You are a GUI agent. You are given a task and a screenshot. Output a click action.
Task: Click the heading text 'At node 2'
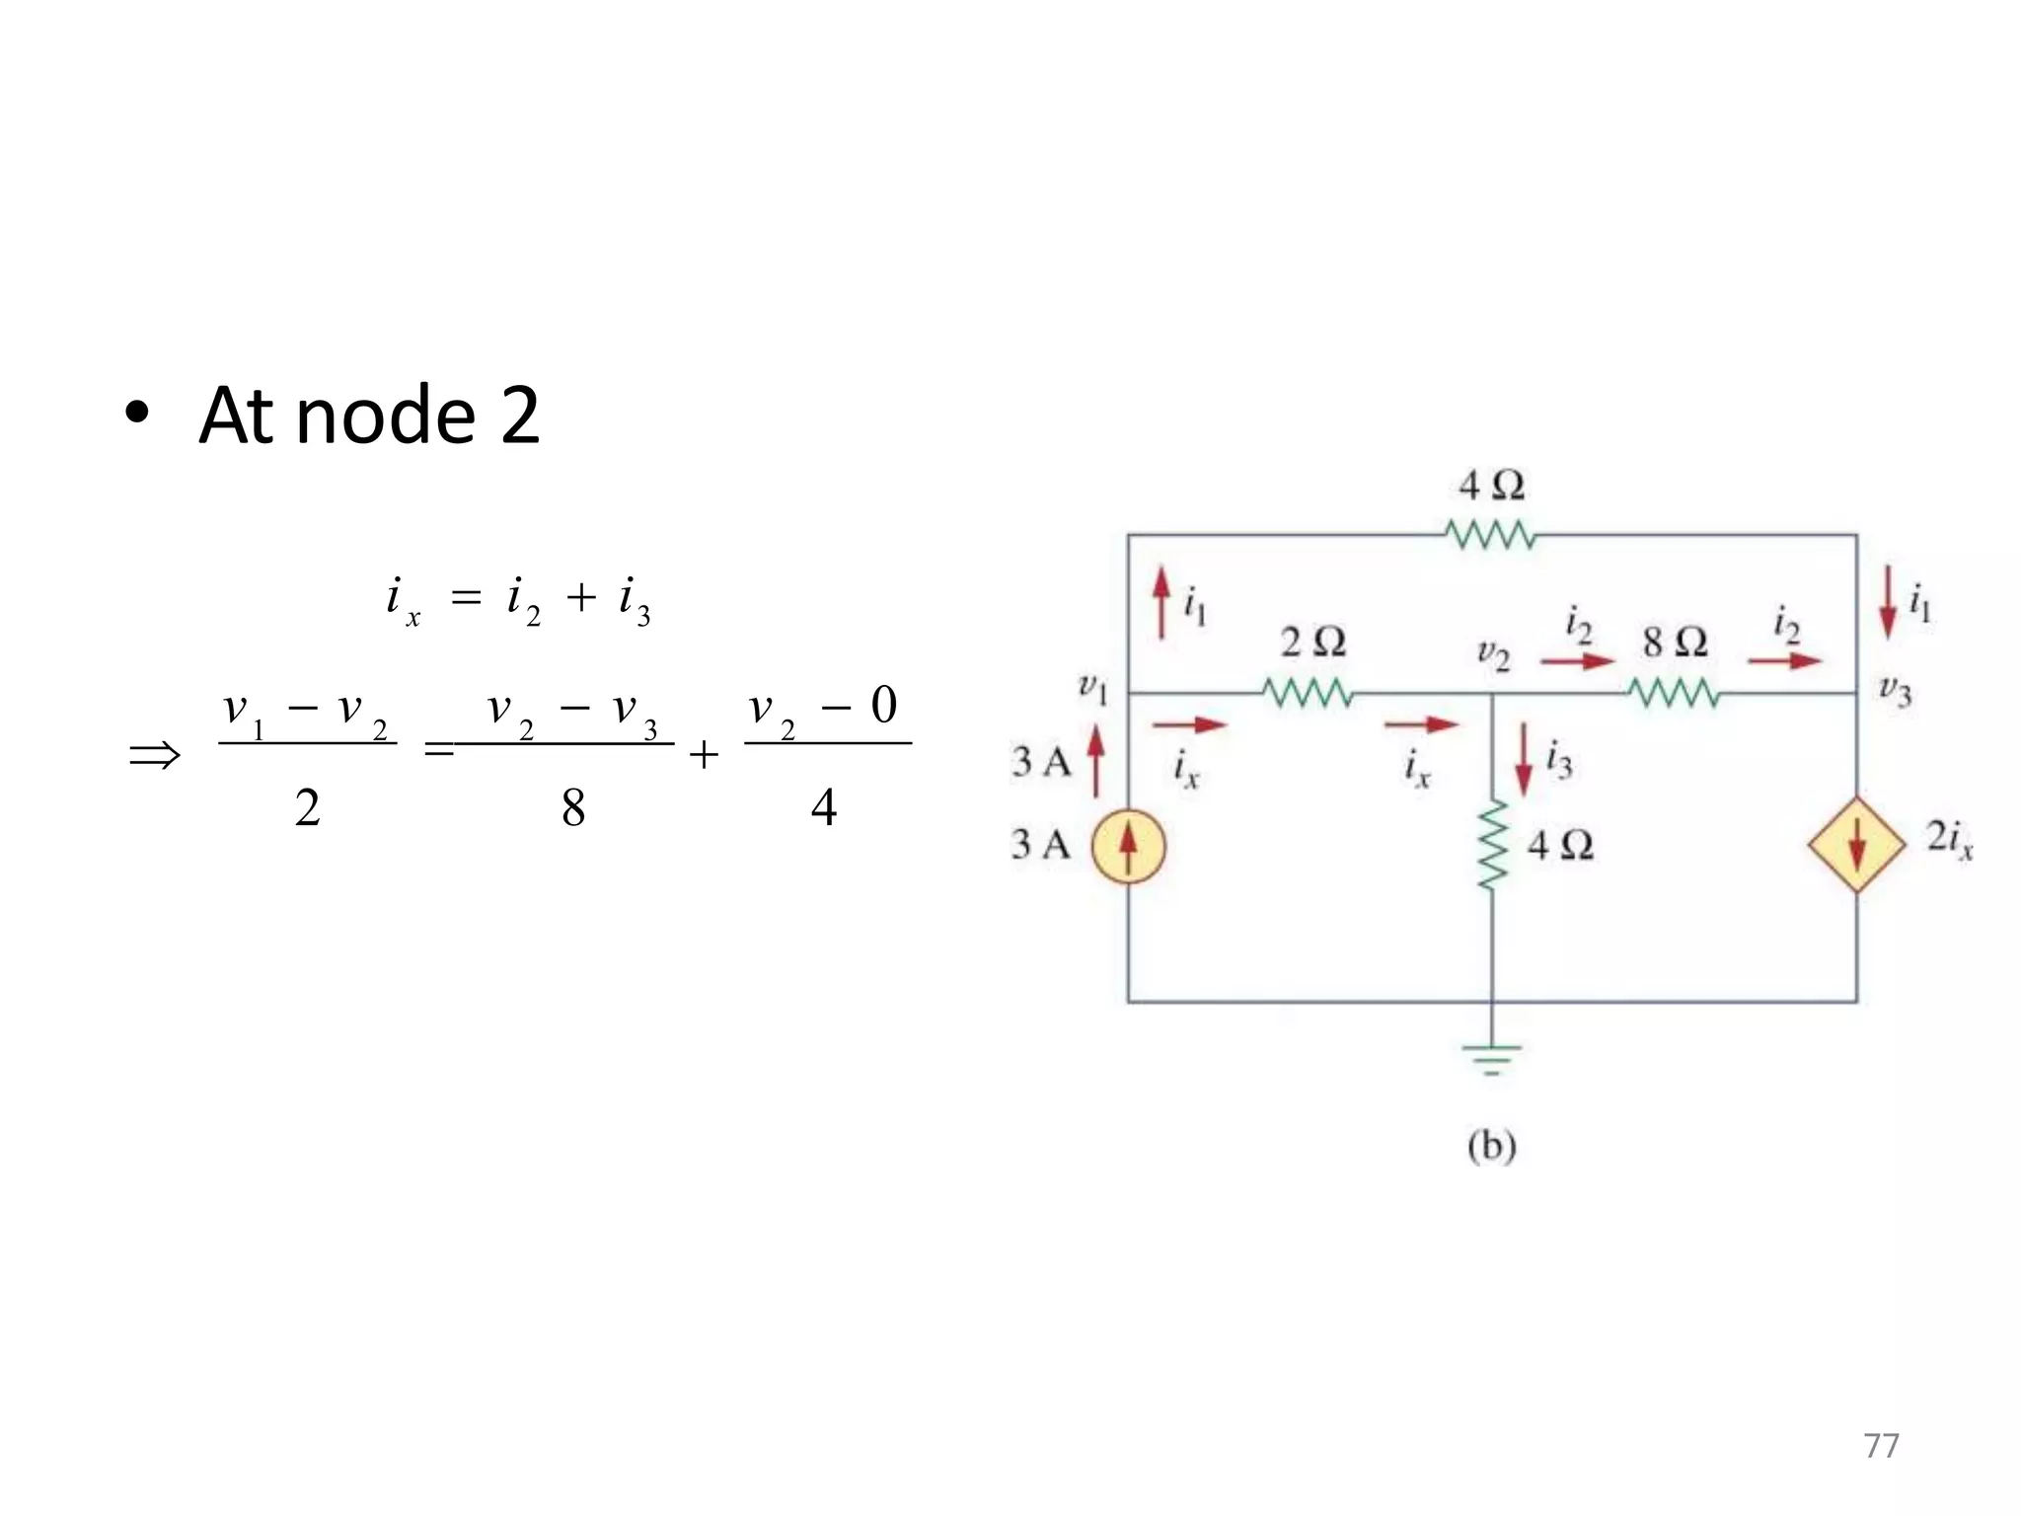click(x=369, y=416)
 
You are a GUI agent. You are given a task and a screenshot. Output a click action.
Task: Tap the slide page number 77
click(x=1881, y=1445)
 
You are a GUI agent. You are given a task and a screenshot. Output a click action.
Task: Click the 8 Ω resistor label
click(x=1675, y=643)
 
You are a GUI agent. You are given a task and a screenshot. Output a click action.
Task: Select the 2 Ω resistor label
click(x=1312, y=643)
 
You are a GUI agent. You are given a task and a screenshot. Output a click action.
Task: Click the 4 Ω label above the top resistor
click(x=1491, y=486)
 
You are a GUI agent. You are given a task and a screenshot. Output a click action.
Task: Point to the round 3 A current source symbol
click(x=1128, y=846)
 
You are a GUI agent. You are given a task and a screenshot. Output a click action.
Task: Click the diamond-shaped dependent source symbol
click(x=1856, y=846)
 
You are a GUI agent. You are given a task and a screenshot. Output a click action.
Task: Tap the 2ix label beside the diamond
click(x=1949, y=840)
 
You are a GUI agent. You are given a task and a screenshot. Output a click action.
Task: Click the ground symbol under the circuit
click(x=1491, y=1057)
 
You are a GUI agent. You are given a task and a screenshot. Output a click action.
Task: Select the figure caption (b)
click(x=1491, y=1146)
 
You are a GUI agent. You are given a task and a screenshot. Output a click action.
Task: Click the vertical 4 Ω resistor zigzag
click(x=1492, y=845)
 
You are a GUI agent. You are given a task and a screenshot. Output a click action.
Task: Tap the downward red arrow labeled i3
click(x=1524, y=760)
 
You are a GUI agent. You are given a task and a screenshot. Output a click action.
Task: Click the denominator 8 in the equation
click(x=572, y=807)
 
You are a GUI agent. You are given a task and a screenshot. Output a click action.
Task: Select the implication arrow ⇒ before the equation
click(x=155, y=756)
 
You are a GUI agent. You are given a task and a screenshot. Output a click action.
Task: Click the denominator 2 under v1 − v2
click(x=307, y=807)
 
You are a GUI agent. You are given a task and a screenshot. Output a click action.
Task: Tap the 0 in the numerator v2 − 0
click(x=883, y=706)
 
